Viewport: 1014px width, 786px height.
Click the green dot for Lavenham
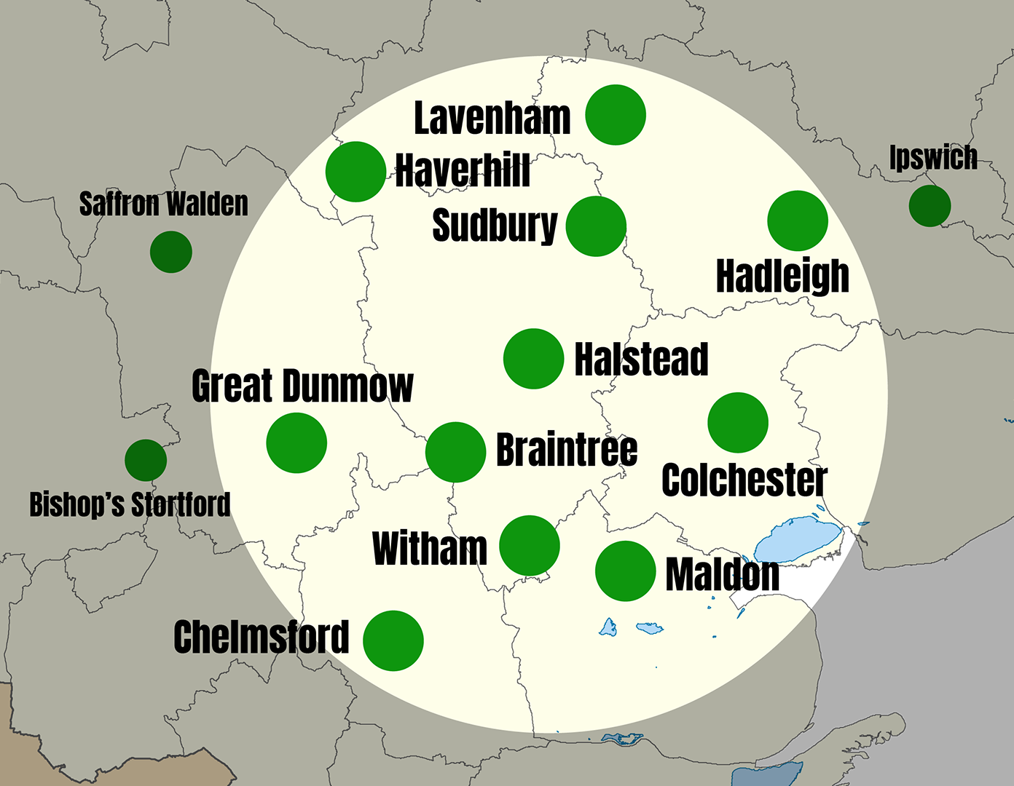pos(616,115)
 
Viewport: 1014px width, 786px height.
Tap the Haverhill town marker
pos(355,172)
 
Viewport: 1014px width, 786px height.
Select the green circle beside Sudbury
pos(596,226)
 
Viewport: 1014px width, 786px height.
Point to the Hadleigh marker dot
pos(798,221)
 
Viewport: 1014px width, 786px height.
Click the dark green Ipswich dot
pos(929,205)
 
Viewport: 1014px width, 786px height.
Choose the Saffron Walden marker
pos(171,252)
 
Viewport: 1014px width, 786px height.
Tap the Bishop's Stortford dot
pos(146,460)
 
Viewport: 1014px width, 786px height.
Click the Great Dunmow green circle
pos(296,442)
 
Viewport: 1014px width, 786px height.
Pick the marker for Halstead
pos(533,359)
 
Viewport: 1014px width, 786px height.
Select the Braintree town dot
pos(455,452)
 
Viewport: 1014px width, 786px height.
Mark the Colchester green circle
pos(738,422)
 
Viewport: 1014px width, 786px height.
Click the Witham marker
pos(530,546)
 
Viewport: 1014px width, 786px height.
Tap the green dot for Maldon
pos(625,571)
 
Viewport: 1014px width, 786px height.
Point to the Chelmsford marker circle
pos(393,640)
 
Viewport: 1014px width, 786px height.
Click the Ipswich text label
pos(933,158)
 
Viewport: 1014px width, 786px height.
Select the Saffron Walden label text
pos(164,204)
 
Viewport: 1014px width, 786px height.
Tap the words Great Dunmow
pos(302,386)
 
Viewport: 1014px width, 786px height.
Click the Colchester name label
pos(744,480)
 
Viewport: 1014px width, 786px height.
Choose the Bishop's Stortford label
pos(130,504)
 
